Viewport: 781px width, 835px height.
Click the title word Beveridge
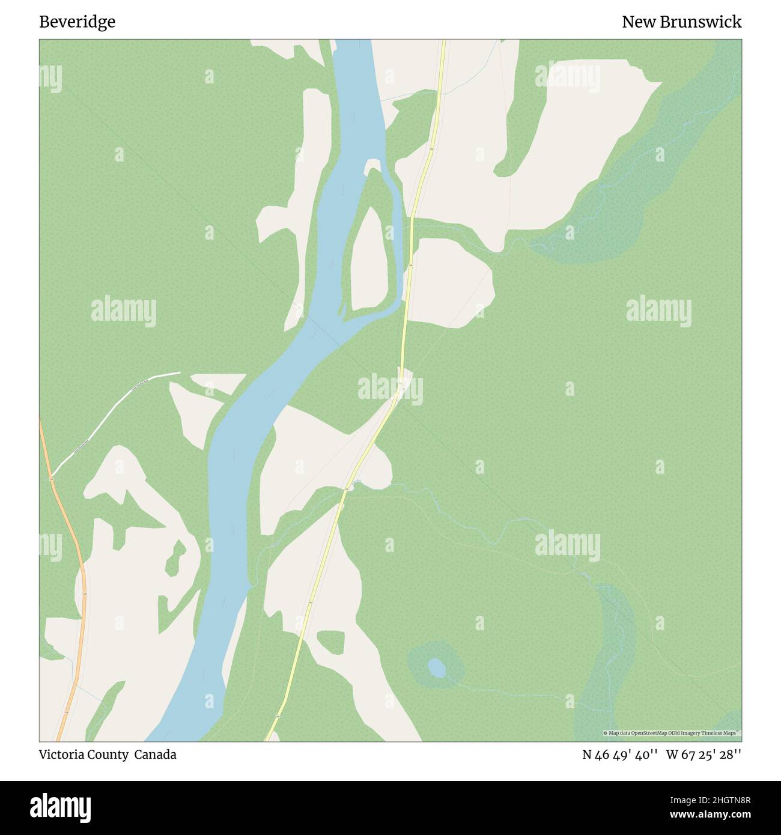pos(77,22)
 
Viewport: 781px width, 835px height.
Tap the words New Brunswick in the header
pos(681,22)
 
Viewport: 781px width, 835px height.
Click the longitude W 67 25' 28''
pos(704,755)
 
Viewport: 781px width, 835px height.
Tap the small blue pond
pos(437,667)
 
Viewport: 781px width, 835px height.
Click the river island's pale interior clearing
pos(369,258)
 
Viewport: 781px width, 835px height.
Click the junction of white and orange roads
pos(52,478)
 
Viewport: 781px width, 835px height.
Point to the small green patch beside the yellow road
pos(330,642)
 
